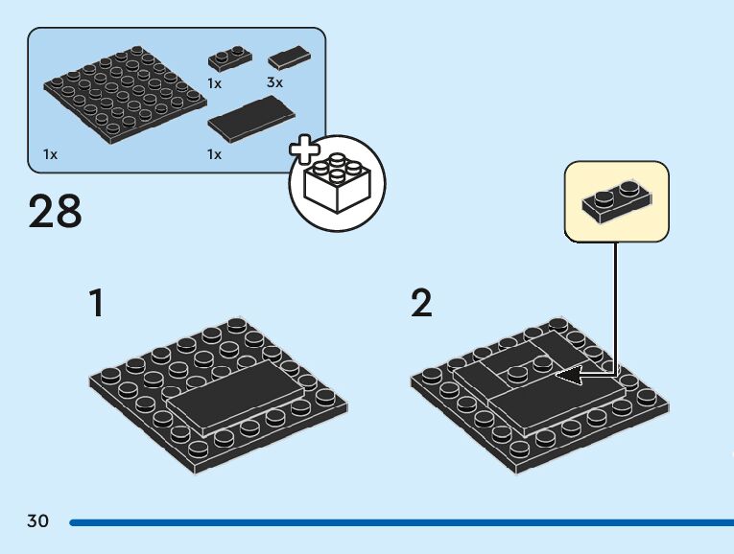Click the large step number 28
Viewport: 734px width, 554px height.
pos(56,211)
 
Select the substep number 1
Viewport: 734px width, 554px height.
pos(96,304)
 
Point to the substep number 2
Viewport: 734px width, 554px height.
pos(421,304)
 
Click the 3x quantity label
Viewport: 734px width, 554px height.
pos(274,83)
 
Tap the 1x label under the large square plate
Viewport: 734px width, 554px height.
pos(50,154)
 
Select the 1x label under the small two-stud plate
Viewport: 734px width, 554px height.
pos(215,83)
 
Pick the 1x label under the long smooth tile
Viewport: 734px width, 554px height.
pos(215,154)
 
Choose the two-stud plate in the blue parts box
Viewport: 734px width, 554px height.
pos(228,58)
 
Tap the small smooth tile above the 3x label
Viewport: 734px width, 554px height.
pos(289,58)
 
